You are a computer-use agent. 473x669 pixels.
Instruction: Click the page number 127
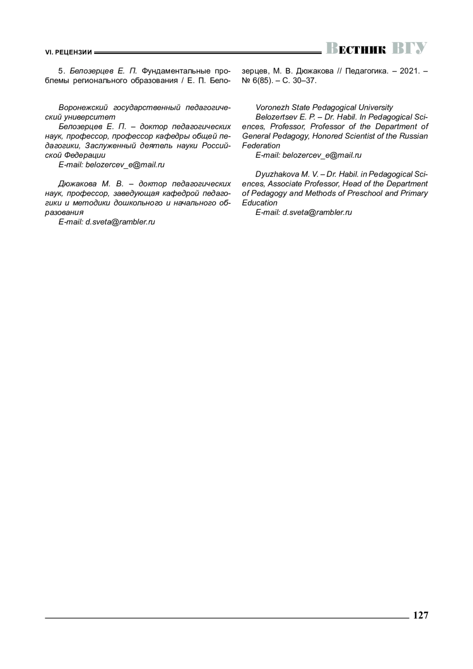click(421, 615)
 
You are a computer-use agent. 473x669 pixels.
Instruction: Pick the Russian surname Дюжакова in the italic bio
click(77, 184)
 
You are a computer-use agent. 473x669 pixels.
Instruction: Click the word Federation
click(261, 145)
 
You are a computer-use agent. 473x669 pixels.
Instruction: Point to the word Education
click(260, 203)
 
